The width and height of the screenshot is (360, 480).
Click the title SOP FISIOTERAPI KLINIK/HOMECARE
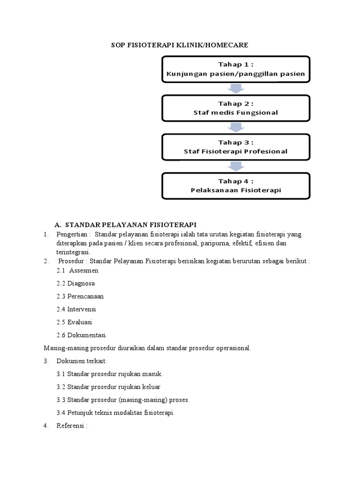pyautogui.click(x=179, y=45)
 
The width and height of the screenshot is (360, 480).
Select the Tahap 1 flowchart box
pyautogui.click(x=236, y=69)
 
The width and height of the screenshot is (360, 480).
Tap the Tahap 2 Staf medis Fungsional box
pyautogui.click(x=236, y=108)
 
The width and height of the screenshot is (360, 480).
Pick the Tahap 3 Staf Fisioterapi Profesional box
pyautogui.click(x=236, y=147)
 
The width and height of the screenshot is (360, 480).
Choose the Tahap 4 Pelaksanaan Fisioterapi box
pyautogui.click(x=236, y=186)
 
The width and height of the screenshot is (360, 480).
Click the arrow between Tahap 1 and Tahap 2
pyautogui.click(x=236, y=89)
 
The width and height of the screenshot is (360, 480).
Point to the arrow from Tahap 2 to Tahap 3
pyautogui.click(x=236, y=127)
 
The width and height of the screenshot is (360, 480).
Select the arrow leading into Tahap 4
pyautogui.click(x=236, y=166)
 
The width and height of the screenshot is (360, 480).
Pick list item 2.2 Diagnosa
pyautogui.click(x=75, y=284)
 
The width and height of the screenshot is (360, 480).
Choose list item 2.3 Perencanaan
pyautogui.click(x=80, y=296)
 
